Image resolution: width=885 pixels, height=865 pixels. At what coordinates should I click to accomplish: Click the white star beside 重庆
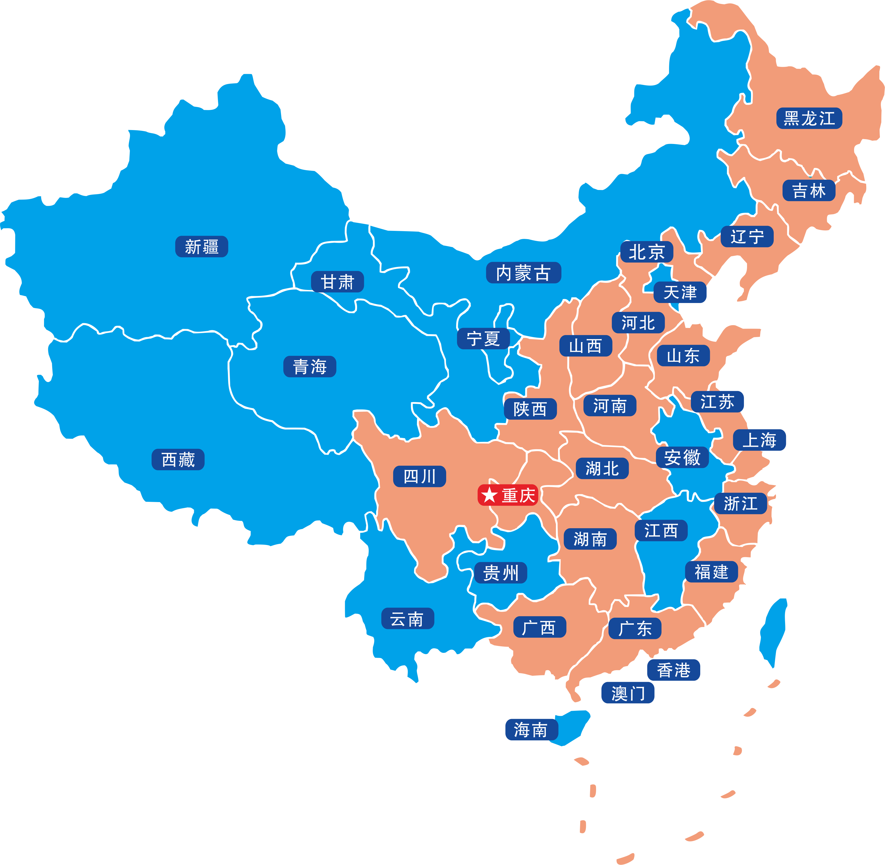(489, 495)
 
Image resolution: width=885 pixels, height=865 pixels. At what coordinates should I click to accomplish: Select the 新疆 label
(202, 247)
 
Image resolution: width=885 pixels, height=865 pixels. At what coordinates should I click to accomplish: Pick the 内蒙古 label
(524, 273)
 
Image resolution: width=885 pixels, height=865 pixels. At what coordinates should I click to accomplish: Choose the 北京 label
(647, 252)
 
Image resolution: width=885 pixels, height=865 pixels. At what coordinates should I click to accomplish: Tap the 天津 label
(680, 292)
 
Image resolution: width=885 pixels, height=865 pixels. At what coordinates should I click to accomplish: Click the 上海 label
(759, 440)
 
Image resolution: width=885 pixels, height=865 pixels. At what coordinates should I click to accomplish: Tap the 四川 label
(419, 476)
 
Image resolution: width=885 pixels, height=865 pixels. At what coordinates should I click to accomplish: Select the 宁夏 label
(483, 339)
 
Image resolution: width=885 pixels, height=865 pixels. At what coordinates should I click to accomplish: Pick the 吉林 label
(809, 190)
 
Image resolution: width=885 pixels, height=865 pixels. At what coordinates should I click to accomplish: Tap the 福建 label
(711, 572)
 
